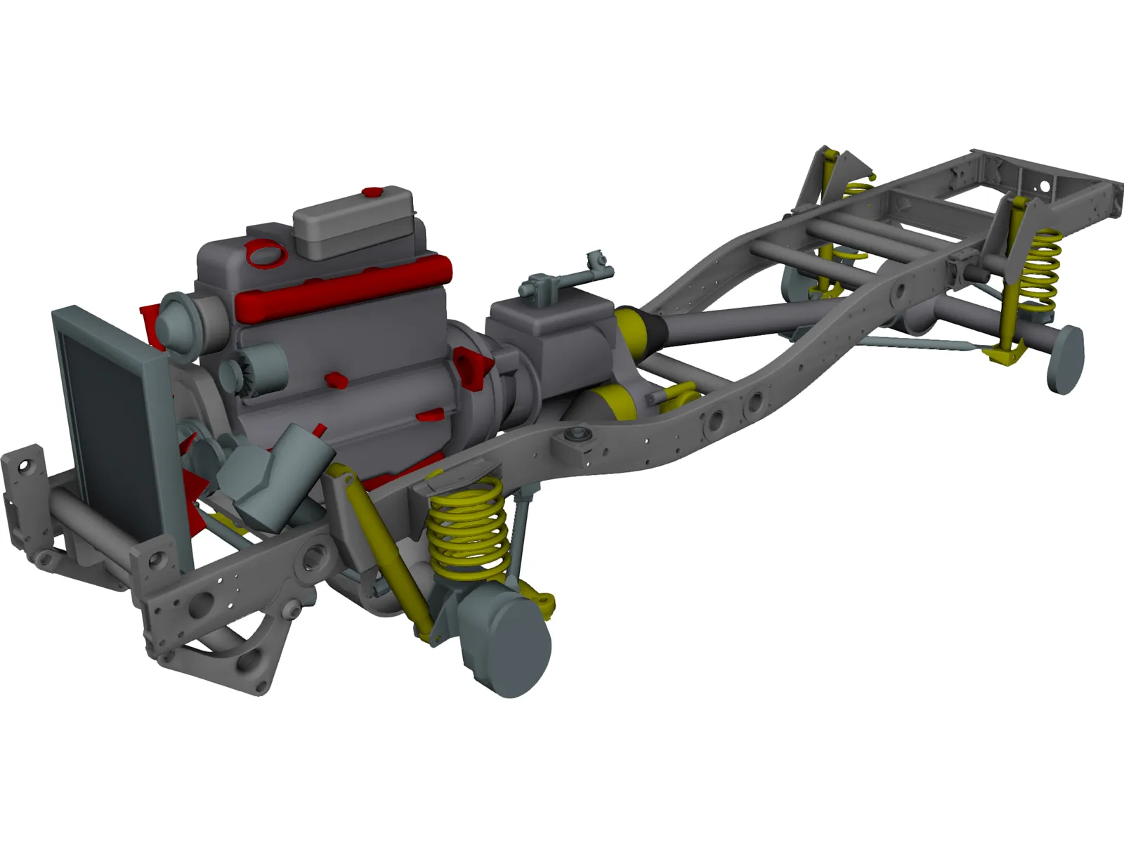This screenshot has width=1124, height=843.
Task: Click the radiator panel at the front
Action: [112, 414]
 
